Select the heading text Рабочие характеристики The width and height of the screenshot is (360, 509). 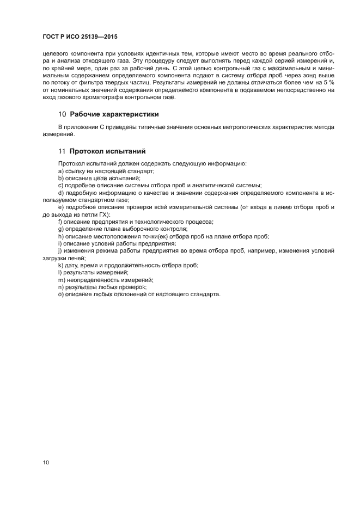pyautogui.click(x=114, y=114)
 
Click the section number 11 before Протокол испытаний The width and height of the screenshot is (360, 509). pyautogui.click(x=62, y=151)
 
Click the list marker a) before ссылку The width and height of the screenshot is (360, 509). pyautogui.click(x=61, y=171)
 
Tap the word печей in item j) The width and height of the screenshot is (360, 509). pyautogui.click(x=76, y=258)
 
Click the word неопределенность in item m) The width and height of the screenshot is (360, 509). pyautogui.click(x=92, y=279)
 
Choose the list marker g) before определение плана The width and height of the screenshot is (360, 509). pyautogui.click(x=61, y=229)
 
